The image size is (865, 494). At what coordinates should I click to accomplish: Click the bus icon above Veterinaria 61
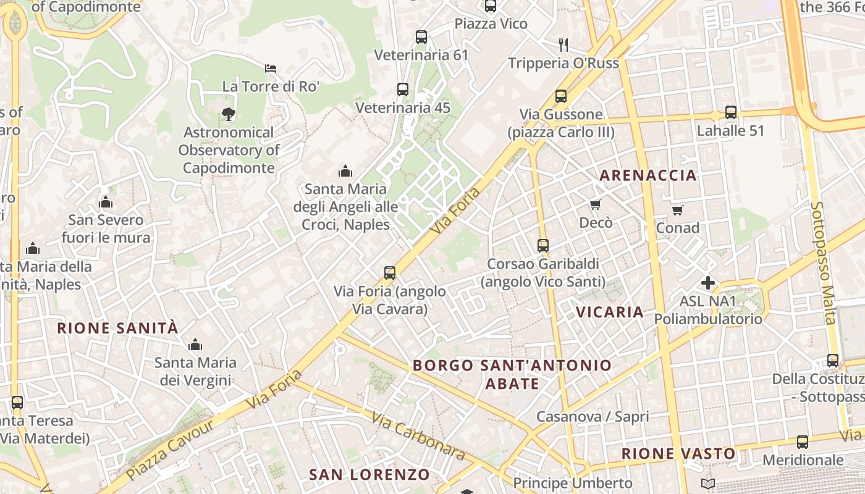(421, 37)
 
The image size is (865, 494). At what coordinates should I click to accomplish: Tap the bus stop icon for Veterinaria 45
(403, 90)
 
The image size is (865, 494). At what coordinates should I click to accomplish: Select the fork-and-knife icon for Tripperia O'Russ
(563, 44)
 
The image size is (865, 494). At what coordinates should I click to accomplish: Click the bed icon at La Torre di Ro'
(271, 68)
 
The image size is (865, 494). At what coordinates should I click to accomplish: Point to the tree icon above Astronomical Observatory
(229, 114)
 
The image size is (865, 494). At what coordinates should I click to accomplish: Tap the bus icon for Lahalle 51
(731, 112)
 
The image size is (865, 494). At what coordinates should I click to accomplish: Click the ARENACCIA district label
(648, 175)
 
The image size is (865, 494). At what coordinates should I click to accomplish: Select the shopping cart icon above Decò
(596, 204)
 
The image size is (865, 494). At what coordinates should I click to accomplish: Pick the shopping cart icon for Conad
(678, 210)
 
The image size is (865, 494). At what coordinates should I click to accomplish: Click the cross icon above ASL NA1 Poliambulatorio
(708, 283)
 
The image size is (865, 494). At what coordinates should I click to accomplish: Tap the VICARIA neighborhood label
(610, 312)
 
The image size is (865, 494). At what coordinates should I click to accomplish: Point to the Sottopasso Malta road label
(824, 262)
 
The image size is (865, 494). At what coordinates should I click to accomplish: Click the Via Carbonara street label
(418, 436)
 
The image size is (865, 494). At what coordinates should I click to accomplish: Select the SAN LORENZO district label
(369, 475)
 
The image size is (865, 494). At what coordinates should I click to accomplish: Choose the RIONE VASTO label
(678, 454)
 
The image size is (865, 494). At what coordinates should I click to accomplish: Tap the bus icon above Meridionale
(803, 442)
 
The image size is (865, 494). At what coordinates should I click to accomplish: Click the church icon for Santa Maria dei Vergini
(195, 345)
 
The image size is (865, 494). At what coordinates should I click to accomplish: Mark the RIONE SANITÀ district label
(117, 328)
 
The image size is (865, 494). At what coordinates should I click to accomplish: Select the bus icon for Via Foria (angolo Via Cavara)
(390, 273)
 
